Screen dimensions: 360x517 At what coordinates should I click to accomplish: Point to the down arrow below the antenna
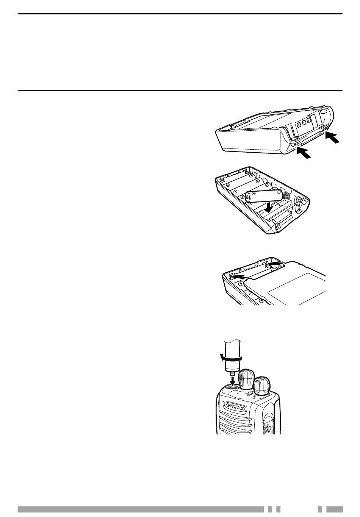pyautogui.click(x=233, y=382)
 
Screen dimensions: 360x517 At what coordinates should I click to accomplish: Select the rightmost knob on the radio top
pyautogui.click(x=262, y=386)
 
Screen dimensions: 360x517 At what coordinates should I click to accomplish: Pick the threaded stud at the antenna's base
pyautogui.click(x=232, y=374)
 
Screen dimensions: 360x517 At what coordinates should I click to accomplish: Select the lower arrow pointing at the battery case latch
pyautogui.click(x=304, y=153)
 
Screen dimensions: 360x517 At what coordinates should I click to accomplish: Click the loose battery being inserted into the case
pyautogui.click(x=263, y=195)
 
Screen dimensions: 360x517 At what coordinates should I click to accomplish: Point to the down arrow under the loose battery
pyautogui.click(x=269, y=207)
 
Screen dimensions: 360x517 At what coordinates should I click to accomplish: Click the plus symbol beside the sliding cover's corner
pyautogui.click(x=241, y=283)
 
